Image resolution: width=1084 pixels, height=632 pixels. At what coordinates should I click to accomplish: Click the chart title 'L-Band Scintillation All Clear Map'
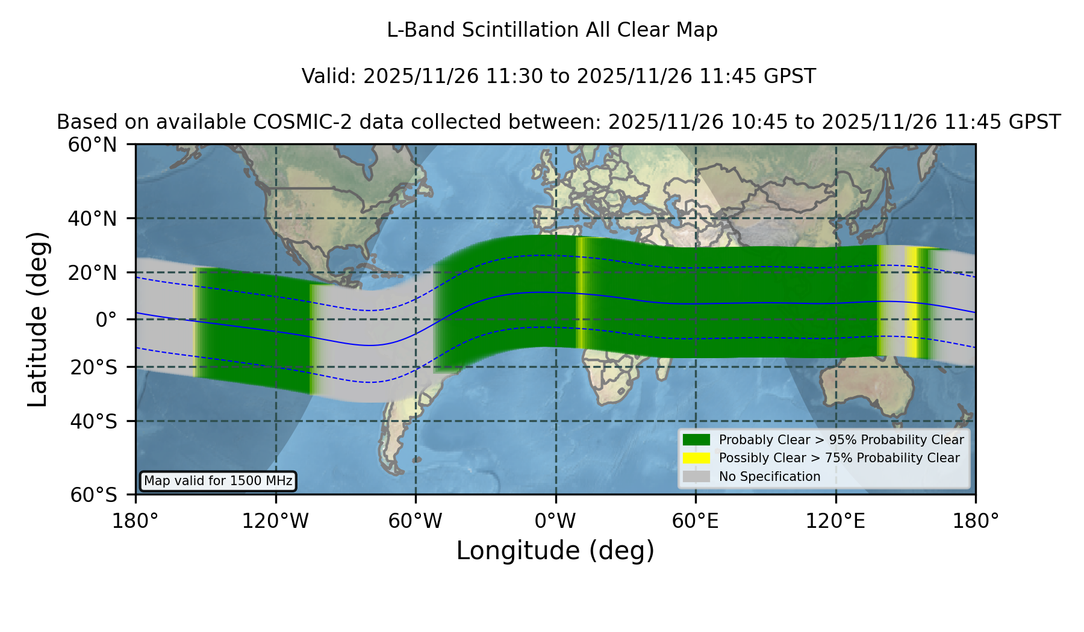pos(552,30)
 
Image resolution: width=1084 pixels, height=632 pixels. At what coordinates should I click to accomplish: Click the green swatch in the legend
pos(696,440)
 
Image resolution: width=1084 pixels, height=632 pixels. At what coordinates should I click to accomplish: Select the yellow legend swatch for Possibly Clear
pos(696,458)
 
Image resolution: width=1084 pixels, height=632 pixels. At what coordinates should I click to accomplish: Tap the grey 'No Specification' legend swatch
pos(696,477)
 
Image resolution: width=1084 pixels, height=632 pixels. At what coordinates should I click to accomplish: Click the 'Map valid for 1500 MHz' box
pos(218,481)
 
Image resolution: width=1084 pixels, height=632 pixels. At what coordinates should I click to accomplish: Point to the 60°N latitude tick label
pos(92,145)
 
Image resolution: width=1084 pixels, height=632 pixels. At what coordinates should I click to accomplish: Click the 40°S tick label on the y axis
pos(93,421)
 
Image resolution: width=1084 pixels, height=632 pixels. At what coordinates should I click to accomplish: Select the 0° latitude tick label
pos(106,320)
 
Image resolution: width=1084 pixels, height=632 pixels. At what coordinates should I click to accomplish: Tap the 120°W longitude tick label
pos(275,521)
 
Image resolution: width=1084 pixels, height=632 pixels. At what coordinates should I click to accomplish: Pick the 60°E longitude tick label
pos(696,521)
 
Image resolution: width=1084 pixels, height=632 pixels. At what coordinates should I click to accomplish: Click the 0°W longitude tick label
pos(555,521)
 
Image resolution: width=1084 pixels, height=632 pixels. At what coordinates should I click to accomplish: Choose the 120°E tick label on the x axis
pos(835,521)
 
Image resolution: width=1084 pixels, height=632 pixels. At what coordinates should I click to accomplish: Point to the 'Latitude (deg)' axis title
pos(37,319)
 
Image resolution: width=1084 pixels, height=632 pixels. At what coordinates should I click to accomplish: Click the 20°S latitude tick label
pos(93,367)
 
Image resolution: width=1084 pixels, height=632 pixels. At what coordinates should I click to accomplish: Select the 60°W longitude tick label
pos(416,521)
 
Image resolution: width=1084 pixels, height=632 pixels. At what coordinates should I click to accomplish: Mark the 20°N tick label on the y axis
pos(92,273)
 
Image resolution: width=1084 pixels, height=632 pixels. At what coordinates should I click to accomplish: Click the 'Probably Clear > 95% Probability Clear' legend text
pos(841,440)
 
